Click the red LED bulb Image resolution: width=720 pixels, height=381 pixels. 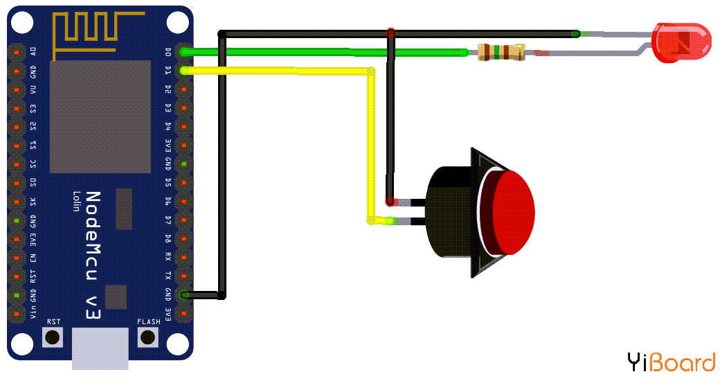click(681, 42)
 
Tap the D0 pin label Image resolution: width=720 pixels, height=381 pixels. click(168, 52)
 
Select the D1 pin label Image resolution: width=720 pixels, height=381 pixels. click(168, 70)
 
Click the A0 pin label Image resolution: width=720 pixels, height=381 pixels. click(33, 52)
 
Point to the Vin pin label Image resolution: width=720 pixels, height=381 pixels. click(33, 314)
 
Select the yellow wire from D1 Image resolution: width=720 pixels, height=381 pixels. click(277, 69)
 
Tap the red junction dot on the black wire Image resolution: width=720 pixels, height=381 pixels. click(391, 33)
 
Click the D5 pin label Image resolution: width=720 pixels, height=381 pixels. click(168, 183)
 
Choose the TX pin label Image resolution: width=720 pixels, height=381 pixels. click(168, 276)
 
